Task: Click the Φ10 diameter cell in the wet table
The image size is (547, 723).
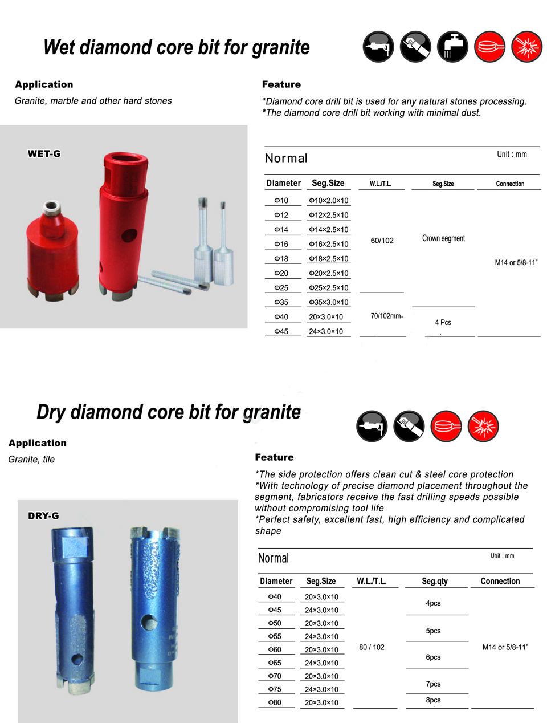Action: pyautogui.click(x=281, y=201)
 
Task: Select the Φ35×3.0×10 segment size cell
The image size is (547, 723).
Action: pyautogui.click(x=328, y=303)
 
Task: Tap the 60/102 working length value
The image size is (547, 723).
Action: pyautogui.click(x=382, y=241)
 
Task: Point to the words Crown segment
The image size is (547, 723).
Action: pyautogui.click(x=443, y=238)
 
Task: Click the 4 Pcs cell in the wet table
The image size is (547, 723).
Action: pyautogui.click(x=443, y=322)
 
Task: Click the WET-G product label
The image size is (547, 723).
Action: pyautogui.click(x=44, y=154)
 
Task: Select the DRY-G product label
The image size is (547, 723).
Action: pyautogui.click(x=43, y=516)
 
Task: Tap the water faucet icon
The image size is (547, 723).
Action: pyautogui.click(x=452, y=47)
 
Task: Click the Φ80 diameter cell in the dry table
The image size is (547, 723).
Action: pyautogui.click(x=275, y=702)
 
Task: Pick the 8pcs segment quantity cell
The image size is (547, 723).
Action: pyautogui.click(x=433, y=700)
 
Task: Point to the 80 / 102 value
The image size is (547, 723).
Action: pyautogui.click(x=372, y=647)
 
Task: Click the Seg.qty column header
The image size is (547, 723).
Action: pyautogui.click(x=435, y=581)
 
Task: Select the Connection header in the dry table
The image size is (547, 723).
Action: pyautogui.click(x=500, y=581)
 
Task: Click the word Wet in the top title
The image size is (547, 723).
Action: pyautogui.click(x=60, y=47)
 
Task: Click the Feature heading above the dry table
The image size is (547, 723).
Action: pyautogui.click(x=274, y=457)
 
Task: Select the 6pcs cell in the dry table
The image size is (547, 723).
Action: pyautogui.click(x=433, y=657)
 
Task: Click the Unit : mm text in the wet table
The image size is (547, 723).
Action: pyautogui.click(x=512, y=155)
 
